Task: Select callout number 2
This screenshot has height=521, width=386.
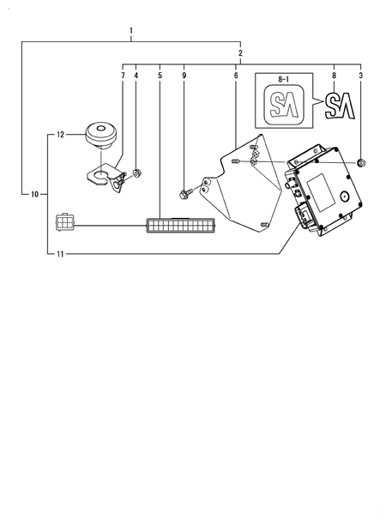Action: pyautogui.click(x=240, y=53)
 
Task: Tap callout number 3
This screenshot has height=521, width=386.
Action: pyautogui.click(x=361, y=76)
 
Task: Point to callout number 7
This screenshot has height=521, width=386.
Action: pyautogui.click(x=123, y=76)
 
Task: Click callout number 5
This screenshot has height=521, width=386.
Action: pyautogui.click(x=160, y=76)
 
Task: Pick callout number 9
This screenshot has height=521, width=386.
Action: pyautogui.click(x=184, y=76)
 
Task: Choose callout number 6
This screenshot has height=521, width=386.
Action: pyautogui.click(x=236, y=76)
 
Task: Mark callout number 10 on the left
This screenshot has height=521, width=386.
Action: pyautogui.click(x=34, y=195)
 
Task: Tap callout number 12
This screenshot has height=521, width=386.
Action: pyautogui.click(x=60, y=135)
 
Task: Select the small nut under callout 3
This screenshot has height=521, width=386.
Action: pyautogui.click(x=361, y=162)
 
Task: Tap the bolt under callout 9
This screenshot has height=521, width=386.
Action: pyautogui.click(x=185, y=191)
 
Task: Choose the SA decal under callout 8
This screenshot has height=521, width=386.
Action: pyautogui.click(x=337, y=106)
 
